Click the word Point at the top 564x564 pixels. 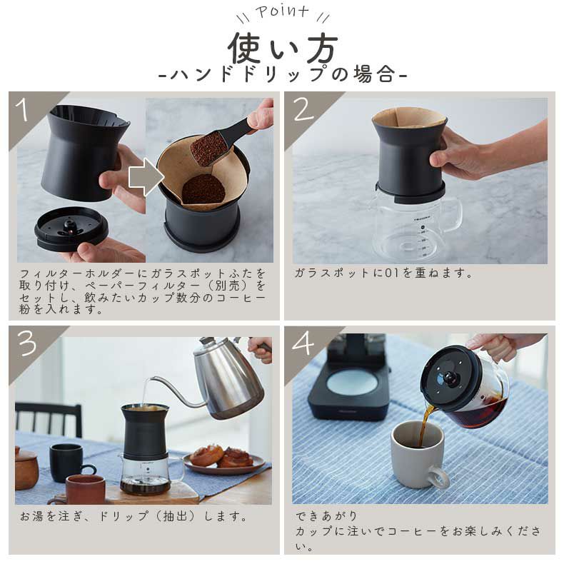coord(282,12)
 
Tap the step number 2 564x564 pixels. coord(303,111)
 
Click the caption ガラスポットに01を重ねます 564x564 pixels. coord(384,273)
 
